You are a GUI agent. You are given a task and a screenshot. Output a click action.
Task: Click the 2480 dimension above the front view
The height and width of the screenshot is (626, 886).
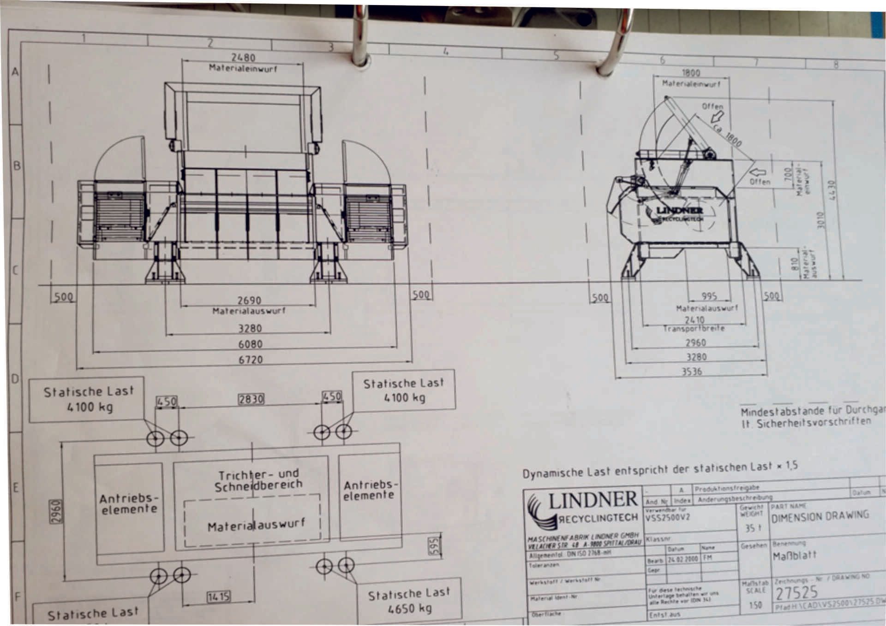[243, 58]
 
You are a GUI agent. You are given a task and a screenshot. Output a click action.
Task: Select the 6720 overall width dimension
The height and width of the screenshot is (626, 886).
[250, 360]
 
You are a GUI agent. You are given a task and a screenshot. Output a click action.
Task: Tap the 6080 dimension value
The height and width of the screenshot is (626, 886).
[250, 344]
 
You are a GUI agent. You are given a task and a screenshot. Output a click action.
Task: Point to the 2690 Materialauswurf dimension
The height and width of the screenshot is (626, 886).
[249, 301]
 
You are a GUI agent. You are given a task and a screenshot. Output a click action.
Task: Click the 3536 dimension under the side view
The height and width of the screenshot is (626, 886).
[692, 372]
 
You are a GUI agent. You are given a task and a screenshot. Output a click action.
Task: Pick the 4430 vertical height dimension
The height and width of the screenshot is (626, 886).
[832, 190]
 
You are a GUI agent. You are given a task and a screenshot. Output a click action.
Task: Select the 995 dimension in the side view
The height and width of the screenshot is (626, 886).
[709, 296]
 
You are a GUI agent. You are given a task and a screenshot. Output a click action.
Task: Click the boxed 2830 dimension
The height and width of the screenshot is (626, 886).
[251, 399]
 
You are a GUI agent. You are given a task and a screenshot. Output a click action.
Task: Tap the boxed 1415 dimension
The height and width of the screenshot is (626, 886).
[218, 597]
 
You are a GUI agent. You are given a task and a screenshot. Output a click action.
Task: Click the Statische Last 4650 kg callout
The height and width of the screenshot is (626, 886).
[409, 602]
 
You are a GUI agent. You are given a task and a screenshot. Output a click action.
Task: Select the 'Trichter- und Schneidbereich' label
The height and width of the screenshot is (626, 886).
[258, 480]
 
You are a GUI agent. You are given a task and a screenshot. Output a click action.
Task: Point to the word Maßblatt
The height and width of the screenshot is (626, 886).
[794, 555]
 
